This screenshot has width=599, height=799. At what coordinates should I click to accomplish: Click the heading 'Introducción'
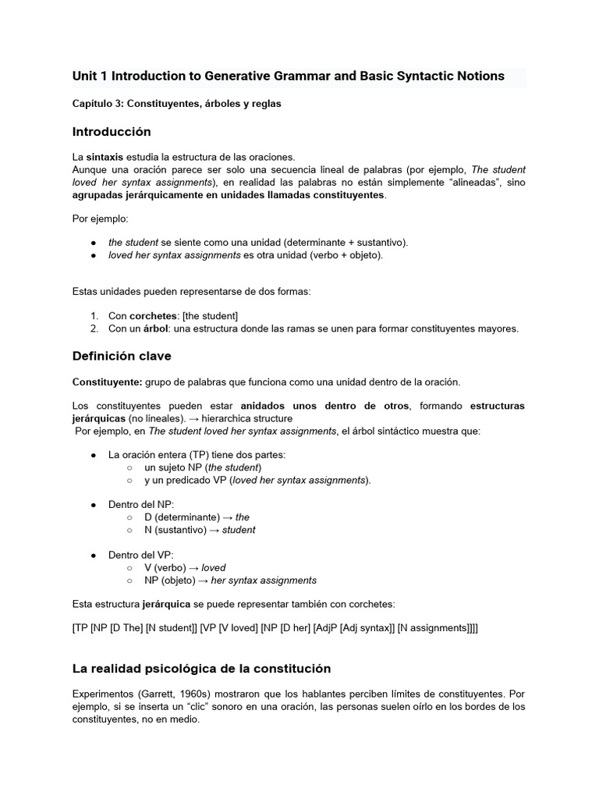tap(112, 131)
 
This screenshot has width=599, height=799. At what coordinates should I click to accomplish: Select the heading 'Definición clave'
tap(122, 356)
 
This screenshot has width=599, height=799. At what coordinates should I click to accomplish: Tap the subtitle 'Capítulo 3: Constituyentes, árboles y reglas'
tap(176, 103)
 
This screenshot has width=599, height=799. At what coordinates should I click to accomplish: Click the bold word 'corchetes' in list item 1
tap(153, 315)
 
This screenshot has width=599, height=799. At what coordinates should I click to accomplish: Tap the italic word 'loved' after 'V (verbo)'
tap(213, 567)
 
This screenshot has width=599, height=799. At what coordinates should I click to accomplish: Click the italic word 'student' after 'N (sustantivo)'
tap(239, 530)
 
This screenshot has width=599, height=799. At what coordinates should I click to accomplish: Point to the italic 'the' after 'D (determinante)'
tap(242, 517)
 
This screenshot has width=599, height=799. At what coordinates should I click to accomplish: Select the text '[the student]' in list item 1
tap(210, 315)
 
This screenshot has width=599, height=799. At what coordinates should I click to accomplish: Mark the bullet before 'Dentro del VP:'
tap(94, 555)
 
